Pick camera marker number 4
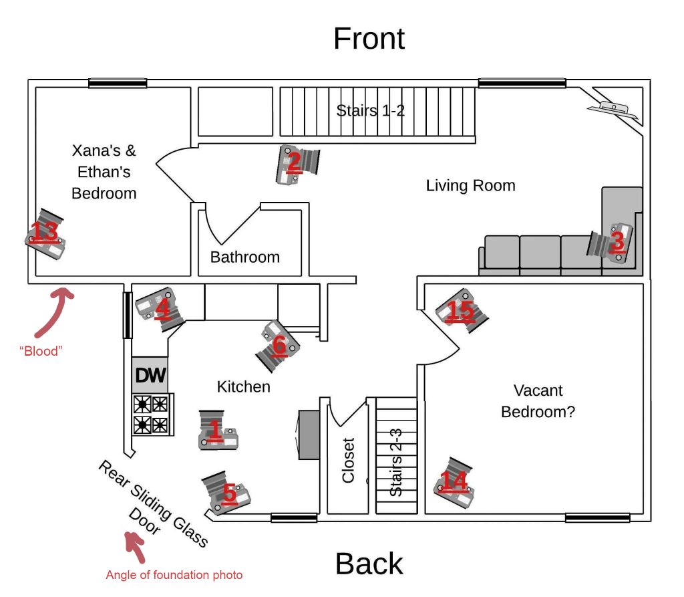pos(160,308)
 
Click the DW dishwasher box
pos(150,375)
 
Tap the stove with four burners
pos(152,414)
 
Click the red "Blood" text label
pos(41,350)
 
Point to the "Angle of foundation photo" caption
pos(174,575)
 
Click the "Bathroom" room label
pos(245,257)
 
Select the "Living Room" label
pos(470,185)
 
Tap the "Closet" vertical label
pos(348,460)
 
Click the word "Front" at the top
pos(369,39)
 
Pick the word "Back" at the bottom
pos(369,564)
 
